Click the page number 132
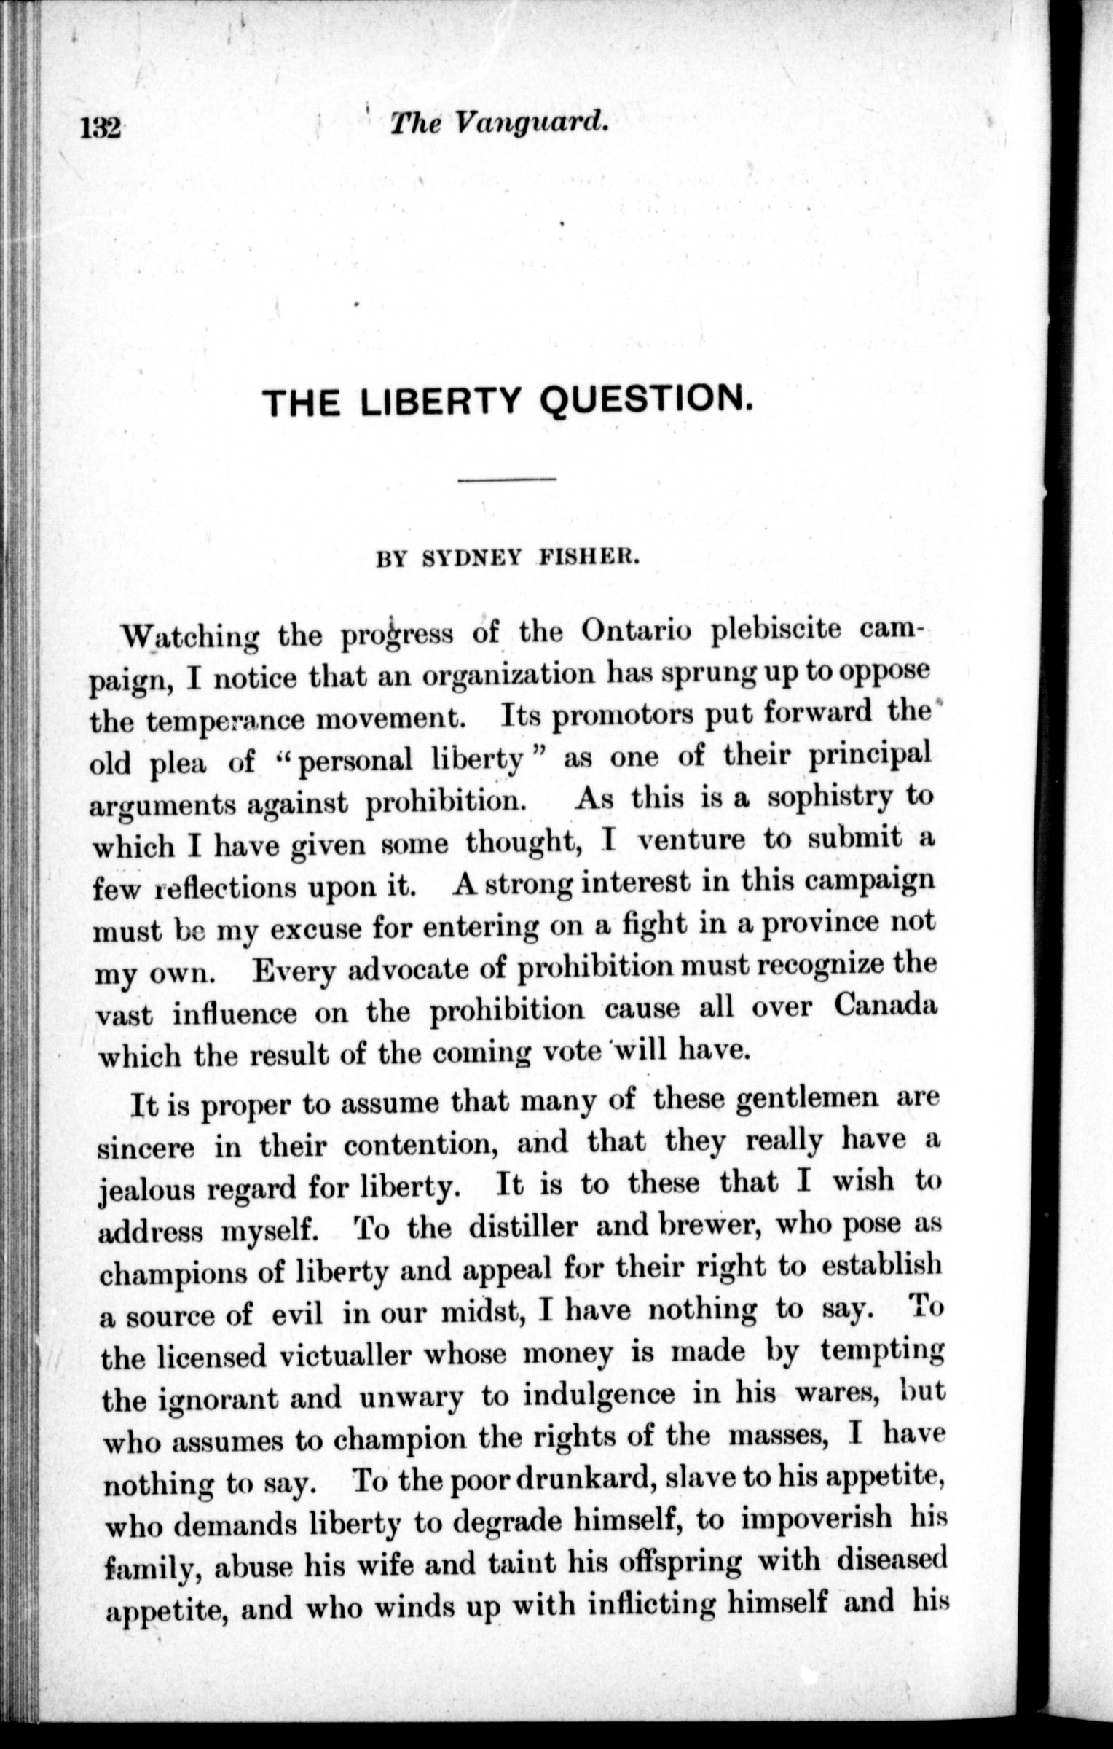click(100, 128)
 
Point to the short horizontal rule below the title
click(507, 479)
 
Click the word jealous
click(146, 1189)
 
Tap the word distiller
click(522, 1227)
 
